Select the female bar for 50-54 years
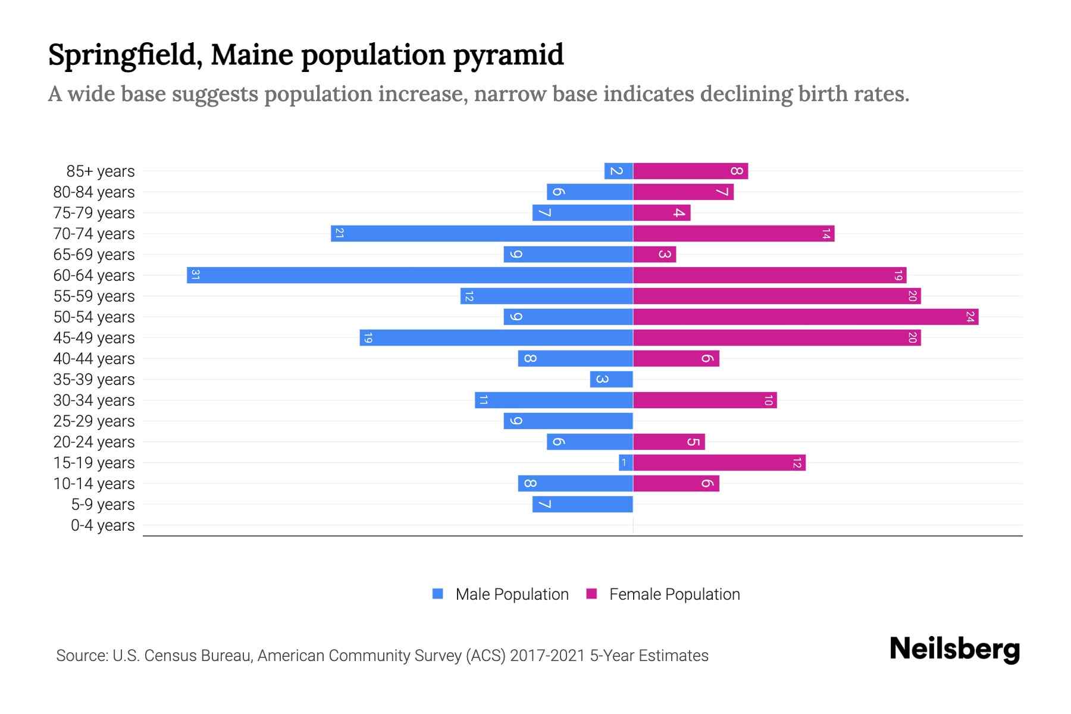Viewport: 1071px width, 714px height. click(x=806, y=317)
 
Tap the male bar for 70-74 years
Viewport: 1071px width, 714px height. click(x=481, y=233)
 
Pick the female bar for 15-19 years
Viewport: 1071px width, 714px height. click(x=719, y=462)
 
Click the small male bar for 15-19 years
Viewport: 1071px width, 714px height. click(x=625, y=462)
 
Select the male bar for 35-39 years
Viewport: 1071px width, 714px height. click(x=611, y=379)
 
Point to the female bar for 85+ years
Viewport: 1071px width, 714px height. click(x=690, y=171)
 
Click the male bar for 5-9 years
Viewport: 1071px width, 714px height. click(x=582, y=504)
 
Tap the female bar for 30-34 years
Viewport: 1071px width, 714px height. click(x=704, y=400)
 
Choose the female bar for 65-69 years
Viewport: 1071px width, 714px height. click(x=654, y=254)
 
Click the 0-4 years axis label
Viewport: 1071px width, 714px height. click(x=102, y=525)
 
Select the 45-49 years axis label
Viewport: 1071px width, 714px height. click(x=94, y=338)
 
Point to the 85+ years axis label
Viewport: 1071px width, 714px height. click(x=100, y=171)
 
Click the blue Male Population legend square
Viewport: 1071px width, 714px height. click(x=438, y=593)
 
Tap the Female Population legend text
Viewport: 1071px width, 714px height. click(x=674, y=594)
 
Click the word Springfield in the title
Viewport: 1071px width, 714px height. click(x=123, y=55)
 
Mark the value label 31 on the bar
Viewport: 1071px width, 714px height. click(x=195, y=275)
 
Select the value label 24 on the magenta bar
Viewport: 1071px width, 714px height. click(x=970, y=317)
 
